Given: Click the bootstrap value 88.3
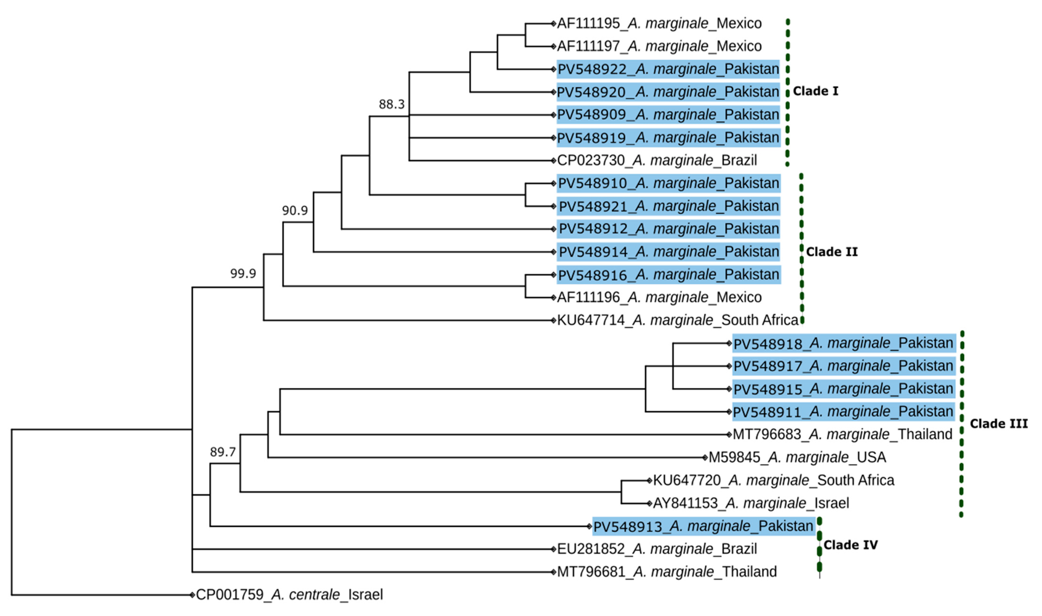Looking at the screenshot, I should (x=391, y=104).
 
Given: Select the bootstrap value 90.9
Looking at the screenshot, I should (x=295, y=211).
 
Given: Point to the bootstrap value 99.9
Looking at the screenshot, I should (x=243, y=274).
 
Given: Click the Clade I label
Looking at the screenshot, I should (x=815, y=91).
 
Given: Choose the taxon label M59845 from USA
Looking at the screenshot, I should (x=797, y=458).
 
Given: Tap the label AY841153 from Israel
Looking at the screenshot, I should (x=750, y=503).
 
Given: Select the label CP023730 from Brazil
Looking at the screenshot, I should (x=657, y=160).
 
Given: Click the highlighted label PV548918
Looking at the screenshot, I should (x=844, y=343).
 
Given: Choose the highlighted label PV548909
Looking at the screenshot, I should (x=668, y=115).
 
